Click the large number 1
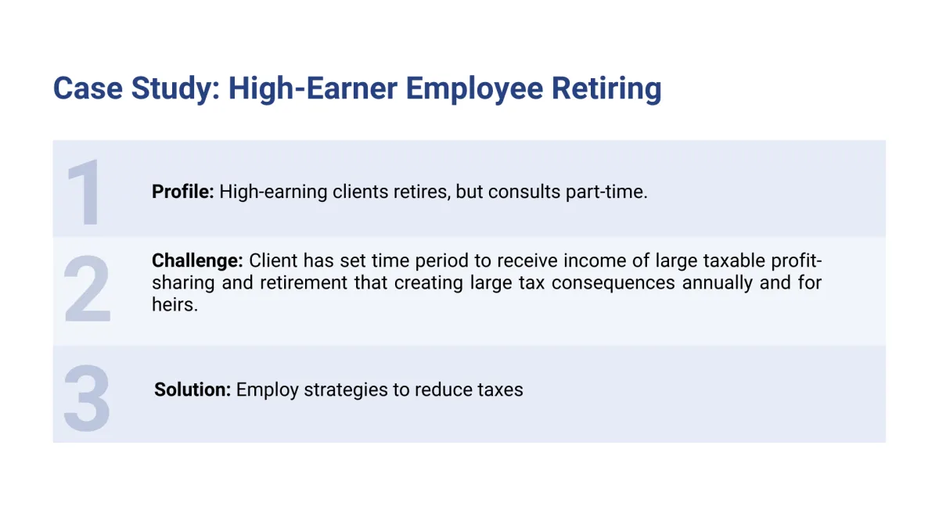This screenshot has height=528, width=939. tap(86, 192)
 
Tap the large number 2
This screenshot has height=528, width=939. tap(87, 289)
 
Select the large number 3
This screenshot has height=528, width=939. tap(87, 397)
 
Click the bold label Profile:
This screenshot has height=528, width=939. tap(183, 192)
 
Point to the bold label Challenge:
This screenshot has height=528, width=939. tap(197, 261)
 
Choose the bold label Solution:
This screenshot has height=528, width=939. tap(192, 390)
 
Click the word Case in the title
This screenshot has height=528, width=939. tap(88, 88)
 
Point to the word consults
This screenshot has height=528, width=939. tap(524, 192)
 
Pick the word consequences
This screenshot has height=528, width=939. tap(613, 283)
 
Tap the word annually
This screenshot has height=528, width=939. tap(718, 283)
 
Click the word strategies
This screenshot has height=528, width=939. tap(346, 390)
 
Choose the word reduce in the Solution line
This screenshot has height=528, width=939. tap(440, 390)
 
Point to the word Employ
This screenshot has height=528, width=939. tap(267, 390)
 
